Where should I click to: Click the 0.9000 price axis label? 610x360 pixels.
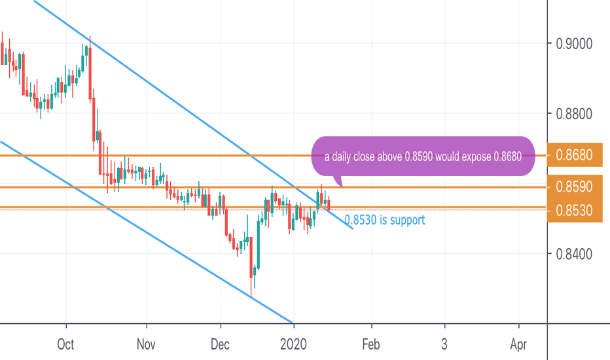click(x=574, y=44)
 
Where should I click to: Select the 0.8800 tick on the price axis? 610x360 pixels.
click(x=574, y=115)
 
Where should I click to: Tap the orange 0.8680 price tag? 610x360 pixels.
click(x=574, y=155)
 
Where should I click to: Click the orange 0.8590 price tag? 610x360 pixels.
click(x=574, y=187)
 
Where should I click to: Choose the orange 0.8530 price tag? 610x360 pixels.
click(x=574, y=211)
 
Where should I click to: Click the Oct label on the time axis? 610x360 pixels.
click(x=66, y=344)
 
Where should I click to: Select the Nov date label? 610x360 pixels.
click(x=147, y=344)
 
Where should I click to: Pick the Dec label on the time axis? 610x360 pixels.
click(x=221, y=344)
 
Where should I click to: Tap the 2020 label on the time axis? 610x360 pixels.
click(x=294, y=344)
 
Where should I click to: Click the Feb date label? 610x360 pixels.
click(x=372, y=344)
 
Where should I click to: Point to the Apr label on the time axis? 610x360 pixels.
click(x=519, y=344)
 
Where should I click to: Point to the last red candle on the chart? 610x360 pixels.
click(x=329, y=204)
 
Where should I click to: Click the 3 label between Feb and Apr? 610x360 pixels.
click(x=444, y=344)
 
